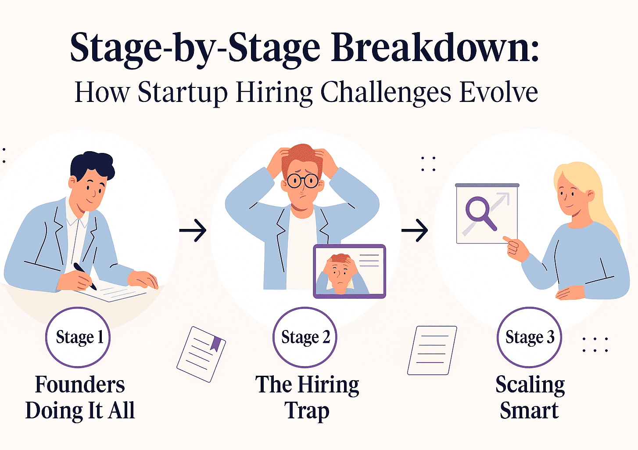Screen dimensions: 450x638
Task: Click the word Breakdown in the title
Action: coord(434,47)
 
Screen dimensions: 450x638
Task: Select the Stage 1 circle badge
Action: coord(78,337)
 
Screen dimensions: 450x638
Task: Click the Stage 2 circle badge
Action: coord(305,337)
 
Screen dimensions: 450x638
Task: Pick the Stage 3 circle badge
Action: coord(529,337)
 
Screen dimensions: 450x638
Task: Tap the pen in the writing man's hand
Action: coord(85,276)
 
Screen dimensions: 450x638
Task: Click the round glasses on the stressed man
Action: coord(303,180)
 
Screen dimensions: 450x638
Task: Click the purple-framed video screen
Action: coord(349,271)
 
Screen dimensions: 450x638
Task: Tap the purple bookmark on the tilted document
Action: coord(215,343)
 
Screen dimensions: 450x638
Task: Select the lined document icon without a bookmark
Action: coord(432,350)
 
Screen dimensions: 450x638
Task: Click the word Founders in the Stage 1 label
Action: coord(80,385)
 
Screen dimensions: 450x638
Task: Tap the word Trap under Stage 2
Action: coord(307,411)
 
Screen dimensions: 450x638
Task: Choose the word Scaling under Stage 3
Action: coord(530,385)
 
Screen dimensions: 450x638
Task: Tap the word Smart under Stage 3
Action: coord(529,411)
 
